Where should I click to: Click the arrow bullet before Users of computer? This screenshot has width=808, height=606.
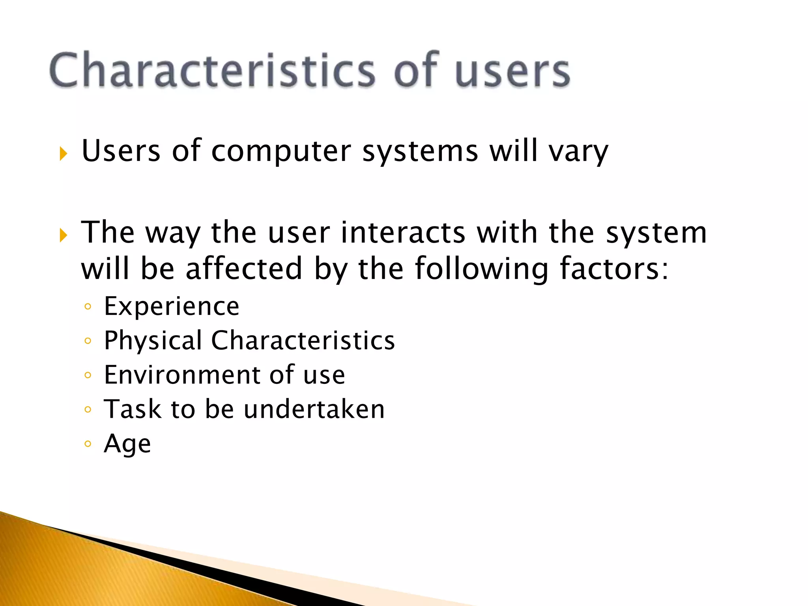tap(63, 153)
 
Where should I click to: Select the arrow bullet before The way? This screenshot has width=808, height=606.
tap(63, 236)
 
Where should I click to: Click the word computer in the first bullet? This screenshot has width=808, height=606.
tap(281, 151)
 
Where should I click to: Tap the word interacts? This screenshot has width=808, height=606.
tap(403, 232)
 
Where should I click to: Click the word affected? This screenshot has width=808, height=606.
tap(243, 268)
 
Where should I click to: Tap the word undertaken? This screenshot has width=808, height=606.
tap(314, 409)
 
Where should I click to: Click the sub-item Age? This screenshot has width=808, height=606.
tap(127, 443)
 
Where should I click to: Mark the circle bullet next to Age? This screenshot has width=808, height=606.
tap(88, 444)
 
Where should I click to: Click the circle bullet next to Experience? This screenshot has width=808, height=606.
tap(88, 307)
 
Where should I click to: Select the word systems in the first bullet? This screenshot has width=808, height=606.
tap(420, 151)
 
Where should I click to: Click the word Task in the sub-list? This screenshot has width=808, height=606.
tap(132, 409)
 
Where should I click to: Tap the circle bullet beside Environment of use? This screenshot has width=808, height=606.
tap(88, 375)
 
